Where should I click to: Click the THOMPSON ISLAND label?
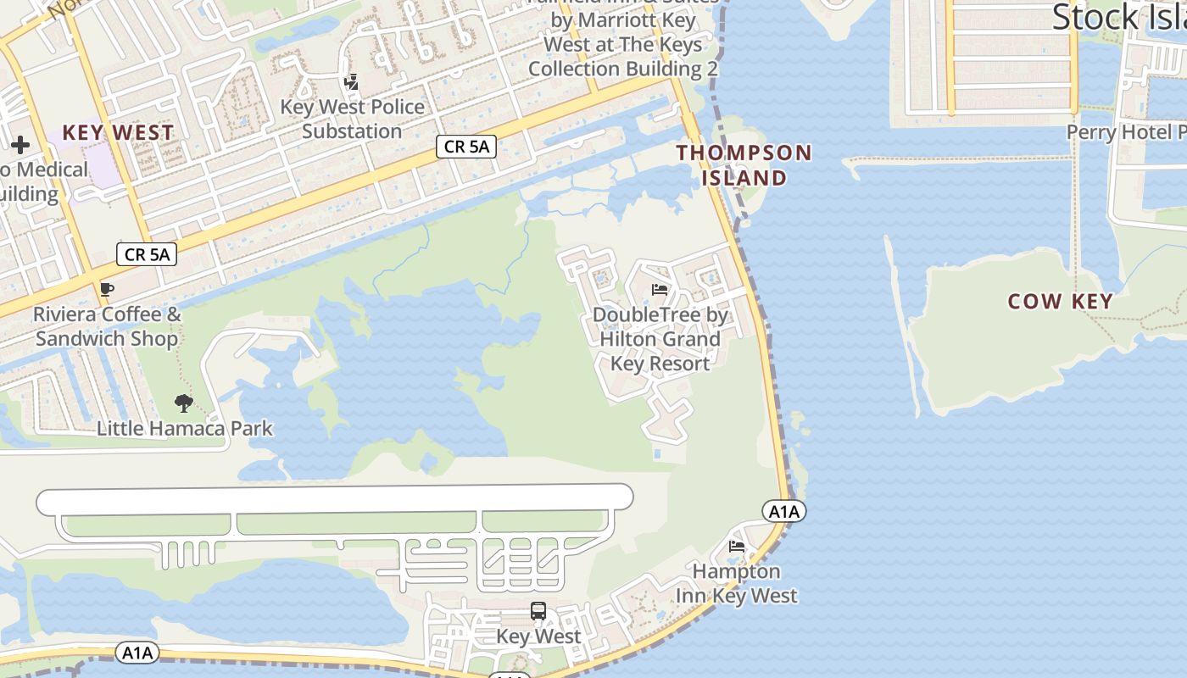(x=744, y=165)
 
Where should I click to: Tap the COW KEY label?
(x=1060, y=302)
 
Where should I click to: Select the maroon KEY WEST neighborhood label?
(x=118, y=133)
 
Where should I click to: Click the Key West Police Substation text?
(x=352, y=119)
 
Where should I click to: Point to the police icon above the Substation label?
(x=351, y=82)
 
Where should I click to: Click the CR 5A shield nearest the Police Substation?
(x=465, y=147)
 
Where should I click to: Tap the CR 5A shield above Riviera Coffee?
(x=147, y=253)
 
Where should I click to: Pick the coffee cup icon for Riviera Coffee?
(x=107, y=290)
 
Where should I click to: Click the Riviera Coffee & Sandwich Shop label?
(x=107, y=326)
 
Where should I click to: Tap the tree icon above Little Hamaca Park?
(x=183, y=403)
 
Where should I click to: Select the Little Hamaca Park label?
(x=185, y=428)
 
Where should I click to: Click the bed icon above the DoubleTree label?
(x=660, y=290)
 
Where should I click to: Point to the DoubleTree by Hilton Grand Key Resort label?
(x=660, y=339)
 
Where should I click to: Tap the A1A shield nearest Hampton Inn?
(x=783, y=511)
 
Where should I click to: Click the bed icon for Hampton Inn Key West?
(x=737, y=547)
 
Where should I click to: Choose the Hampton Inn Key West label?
(x=736, y=584)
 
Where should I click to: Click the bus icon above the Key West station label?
(x=538, y=610)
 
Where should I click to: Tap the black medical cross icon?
(x=20, y=145)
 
